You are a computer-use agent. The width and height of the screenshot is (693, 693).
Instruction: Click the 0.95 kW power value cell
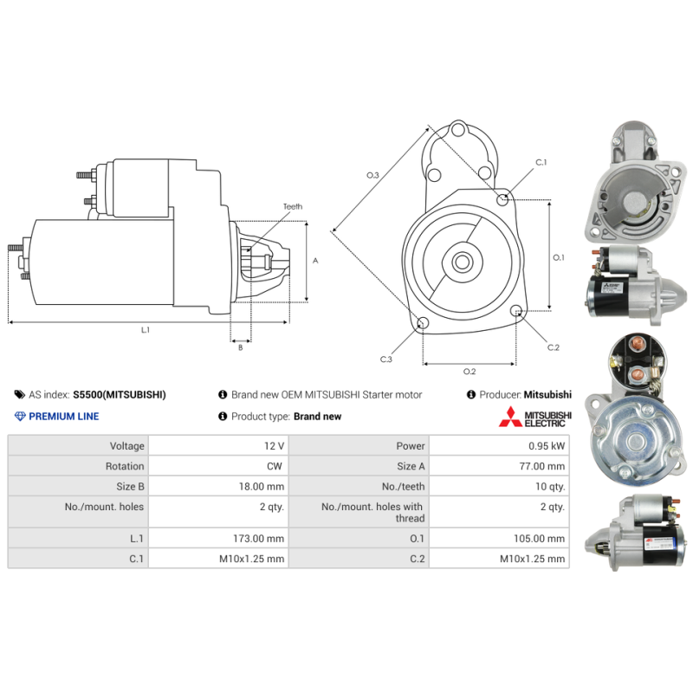click(547, 446)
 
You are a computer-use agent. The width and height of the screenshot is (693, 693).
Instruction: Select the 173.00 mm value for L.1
click(258, 538)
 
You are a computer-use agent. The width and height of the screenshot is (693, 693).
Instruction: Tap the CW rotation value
click(275, 466)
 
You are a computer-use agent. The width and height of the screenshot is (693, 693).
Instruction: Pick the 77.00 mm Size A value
click(542, 466)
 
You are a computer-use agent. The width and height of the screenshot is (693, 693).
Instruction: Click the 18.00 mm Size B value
click(262, 487)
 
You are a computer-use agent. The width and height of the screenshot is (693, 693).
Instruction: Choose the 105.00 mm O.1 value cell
click(539, 538)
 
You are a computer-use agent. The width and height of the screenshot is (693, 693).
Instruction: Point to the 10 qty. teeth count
click(550, 487)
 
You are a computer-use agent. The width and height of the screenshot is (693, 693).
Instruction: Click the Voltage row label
click(126, 446)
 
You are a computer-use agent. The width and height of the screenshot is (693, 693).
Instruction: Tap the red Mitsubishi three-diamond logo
click(510, 417)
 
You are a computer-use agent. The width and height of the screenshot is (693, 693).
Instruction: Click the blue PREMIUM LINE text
click(63, 417)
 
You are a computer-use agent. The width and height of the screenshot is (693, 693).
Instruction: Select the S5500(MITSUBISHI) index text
click(120, 395)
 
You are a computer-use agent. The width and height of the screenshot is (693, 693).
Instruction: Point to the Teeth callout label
click(293, 206)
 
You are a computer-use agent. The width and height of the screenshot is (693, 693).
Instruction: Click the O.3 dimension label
click(372, 176)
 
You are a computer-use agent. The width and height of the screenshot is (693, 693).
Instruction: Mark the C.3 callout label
click(385, 359)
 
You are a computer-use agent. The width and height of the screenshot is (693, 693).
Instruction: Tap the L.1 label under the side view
click(146, 330)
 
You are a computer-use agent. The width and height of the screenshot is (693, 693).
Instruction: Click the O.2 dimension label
click(470, 372)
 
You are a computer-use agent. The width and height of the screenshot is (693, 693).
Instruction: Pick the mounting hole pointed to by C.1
click(502, 200)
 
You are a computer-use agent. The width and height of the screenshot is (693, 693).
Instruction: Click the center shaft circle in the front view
click(463, 262)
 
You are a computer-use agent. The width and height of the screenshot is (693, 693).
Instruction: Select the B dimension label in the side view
click(241, 348)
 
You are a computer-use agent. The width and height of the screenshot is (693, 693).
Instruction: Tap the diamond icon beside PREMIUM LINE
click(20, 417)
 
